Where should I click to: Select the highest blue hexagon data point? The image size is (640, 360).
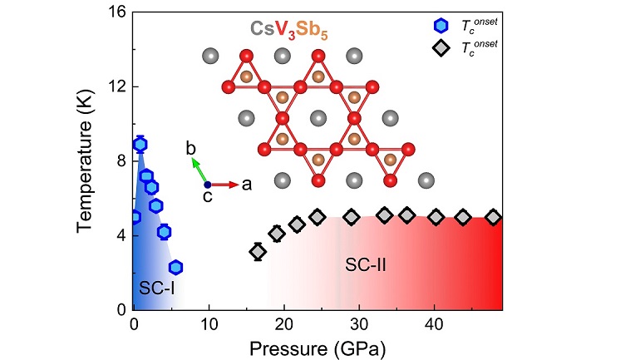140,144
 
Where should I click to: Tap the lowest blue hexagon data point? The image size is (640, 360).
175,267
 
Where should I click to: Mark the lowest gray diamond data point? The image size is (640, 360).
258,251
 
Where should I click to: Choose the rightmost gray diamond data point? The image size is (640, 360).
493,217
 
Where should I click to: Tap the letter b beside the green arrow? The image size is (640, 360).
190,148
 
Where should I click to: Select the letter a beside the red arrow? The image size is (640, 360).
247,185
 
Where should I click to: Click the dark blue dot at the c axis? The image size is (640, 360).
207,185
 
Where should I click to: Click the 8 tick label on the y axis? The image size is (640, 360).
121,160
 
